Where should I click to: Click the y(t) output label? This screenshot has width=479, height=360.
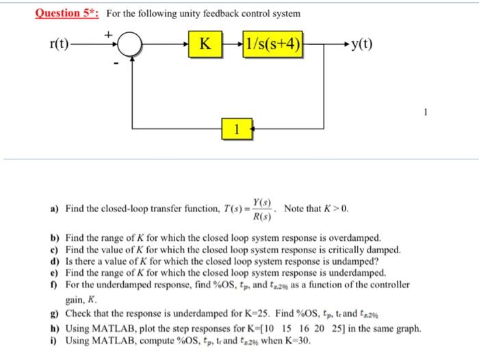pyautogui.click(x=362, y=47)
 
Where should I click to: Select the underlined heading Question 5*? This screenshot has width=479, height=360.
pyautogui.click(x=68, y=13)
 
